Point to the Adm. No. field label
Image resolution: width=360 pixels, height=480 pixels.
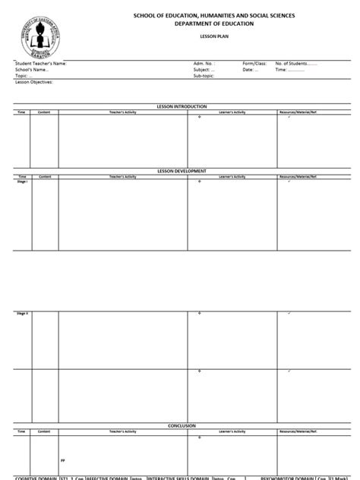(x=204, y=64)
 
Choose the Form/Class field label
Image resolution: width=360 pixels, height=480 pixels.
(x=254, y=64)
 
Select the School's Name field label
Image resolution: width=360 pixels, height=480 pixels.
(x=32, y=70)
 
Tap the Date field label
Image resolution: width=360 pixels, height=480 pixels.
(x=248, y=70)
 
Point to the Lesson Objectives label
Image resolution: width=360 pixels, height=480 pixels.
(x=33, y=82)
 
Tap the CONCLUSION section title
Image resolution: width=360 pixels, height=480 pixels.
(x=182, y=425)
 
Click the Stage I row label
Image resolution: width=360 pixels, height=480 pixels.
(x=21, y=182)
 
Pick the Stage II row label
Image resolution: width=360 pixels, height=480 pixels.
(x=21, y=312)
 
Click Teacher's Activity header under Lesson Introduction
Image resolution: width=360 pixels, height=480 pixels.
(x=122, y=112)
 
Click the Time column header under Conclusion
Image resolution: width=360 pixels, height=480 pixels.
(x=21, y=431)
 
